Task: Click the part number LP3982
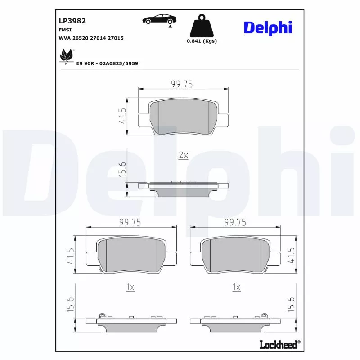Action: (72, 20)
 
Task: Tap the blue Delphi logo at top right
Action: (268, 27)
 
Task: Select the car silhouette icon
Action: (159, 19)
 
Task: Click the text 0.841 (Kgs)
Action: (202, 41)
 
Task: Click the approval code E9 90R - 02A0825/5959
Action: (107, 63)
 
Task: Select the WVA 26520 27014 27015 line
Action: (91, 38)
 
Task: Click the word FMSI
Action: (66, 29)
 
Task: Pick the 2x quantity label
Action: (183, 155)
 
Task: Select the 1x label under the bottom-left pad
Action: (130, 287)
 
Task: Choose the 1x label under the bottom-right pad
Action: (236, 287)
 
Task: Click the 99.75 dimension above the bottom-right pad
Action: (235, 222)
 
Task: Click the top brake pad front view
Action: (183, 117)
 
